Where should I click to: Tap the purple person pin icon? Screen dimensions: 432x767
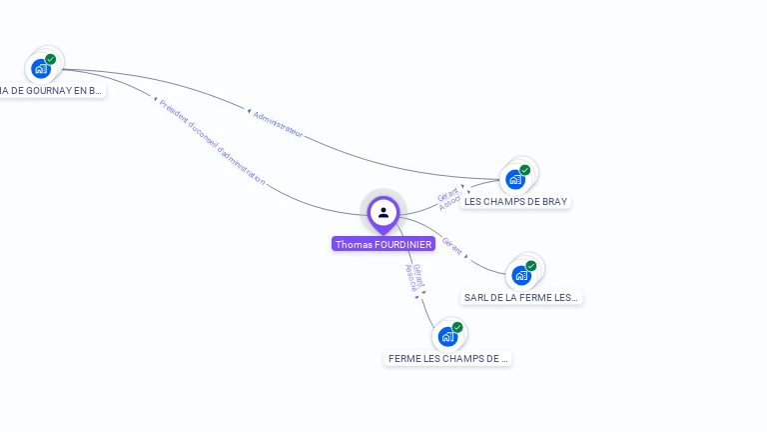pyautogui.click(x=383, y=212)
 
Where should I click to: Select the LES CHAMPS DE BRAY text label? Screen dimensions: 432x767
pyautogui.click(x=515, y=201)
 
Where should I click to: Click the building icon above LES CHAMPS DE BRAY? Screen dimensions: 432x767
pyautogui.click(x=515, y=180)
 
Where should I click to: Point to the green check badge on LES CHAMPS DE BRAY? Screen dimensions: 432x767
pyautogui.click(x=525, y=170)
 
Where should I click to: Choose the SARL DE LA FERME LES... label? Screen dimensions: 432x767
pyautogui.click(x=521, y=297)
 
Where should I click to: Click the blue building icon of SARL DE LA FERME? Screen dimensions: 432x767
pyautogui.click(x=520, y=275)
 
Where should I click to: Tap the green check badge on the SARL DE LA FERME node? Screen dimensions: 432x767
pyautogui.click(x=531, y=266)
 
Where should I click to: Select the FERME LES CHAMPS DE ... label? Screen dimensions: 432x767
pyautogui.click(x=447, y=358)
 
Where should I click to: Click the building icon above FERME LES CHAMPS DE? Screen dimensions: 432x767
pyautogui.click(x=447, y=336)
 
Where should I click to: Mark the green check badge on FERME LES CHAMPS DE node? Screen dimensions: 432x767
pyautogui.click(x=457, y=327)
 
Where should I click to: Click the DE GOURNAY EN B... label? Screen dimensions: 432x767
pyautogui.click(x=50, y=90)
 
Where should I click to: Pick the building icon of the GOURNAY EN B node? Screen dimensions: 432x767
pyautogui.click(x=40, y=69)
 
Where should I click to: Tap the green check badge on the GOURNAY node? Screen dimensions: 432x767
pyautogui.click(x=51, y=59)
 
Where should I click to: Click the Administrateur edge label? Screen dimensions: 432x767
pyautogui.click(x=277, y=124)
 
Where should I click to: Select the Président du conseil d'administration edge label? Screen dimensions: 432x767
pyautogui.click(x=212, y=141)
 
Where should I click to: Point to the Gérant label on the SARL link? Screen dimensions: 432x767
pyautogui.click(x=452, y=246)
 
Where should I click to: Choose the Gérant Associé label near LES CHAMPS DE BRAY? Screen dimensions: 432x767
pyautogui.click(x=449, y=197)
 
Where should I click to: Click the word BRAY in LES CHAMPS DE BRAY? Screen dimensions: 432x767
pyautogui.click(x=553, y=201)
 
